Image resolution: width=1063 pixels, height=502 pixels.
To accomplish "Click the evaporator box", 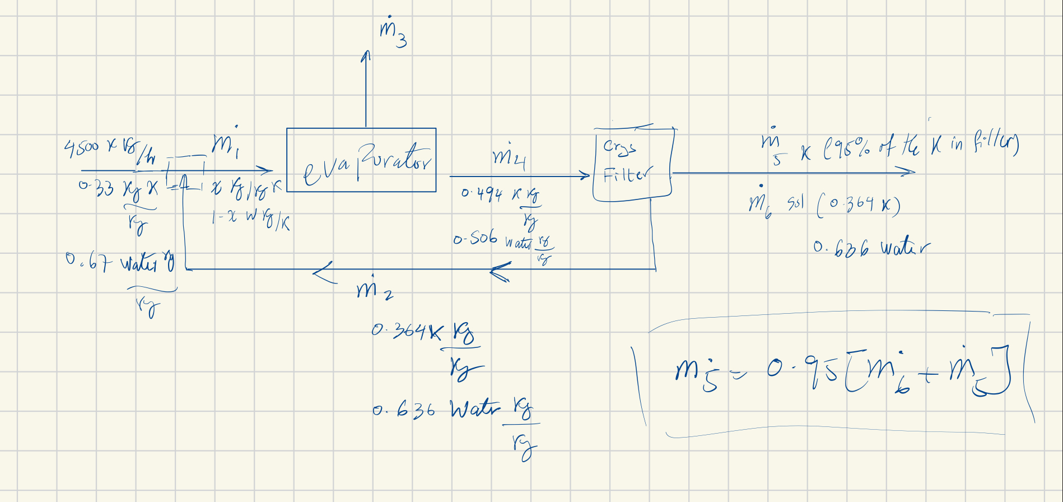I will (x=361, y=160).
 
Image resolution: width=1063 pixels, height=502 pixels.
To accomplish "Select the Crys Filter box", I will (x=632, y=164).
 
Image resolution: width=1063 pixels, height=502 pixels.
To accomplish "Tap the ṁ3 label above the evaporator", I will (x=393, y=33).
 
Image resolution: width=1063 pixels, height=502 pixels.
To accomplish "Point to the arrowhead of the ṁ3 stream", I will (x=366, y=55).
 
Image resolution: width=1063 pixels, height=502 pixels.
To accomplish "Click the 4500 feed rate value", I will (x=82, y=148).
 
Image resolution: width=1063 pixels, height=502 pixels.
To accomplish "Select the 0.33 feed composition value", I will (x=96, y=188).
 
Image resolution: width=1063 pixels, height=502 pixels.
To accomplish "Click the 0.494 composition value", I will (x=482, y=194).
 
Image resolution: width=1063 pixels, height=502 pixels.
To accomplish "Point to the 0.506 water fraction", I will (x=475, y=239).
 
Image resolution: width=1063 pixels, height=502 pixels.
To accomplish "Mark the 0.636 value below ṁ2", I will (x=403, y=411).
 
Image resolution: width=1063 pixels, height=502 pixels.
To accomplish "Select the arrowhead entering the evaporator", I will (x=267, y=170).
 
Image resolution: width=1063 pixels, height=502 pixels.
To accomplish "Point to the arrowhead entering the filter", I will (x=585, y=176).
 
